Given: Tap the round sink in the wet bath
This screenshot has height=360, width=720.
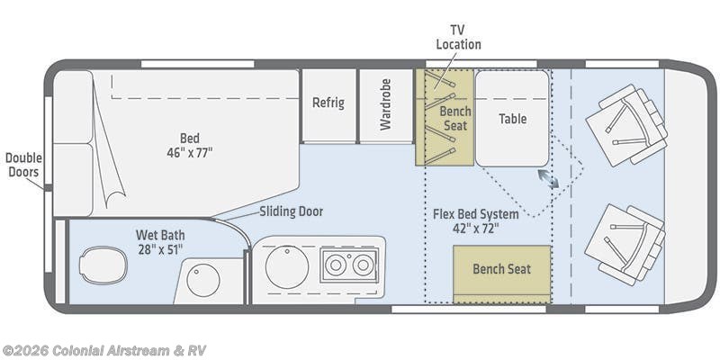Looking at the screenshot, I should (202, 280).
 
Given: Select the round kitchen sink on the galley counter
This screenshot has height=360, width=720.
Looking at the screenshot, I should (287, 266).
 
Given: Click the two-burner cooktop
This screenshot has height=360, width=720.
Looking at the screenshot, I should (346, 265).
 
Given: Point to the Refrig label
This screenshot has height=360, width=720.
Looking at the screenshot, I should (328, 103).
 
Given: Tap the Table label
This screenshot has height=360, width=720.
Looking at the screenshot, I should (512, 118).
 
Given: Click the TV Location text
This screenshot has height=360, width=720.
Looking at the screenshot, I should (458, 37).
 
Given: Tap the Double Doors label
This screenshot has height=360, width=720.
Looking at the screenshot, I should (23, 165).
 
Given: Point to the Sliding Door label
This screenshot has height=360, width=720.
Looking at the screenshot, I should (291, 211).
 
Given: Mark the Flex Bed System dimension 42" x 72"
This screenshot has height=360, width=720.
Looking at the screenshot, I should (475, 228).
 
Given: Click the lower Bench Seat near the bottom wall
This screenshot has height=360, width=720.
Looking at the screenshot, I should (501, 269).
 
